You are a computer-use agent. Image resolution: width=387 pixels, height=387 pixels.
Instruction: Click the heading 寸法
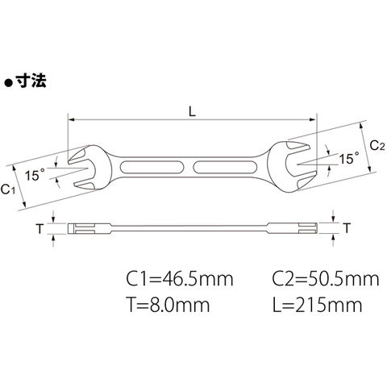click(x=31, y=81)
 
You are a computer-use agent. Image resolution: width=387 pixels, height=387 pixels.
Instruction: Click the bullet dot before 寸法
click(x=9, y=83)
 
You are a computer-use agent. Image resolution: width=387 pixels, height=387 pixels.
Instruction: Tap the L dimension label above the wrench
click(x=192, y=112)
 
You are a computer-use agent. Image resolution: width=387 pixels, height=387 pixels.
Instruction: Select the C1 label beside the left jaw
click(x=7, y=189)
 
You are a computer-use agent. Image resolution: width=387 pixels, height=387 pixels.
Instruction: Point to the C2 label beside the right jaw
click(x=377, y=146)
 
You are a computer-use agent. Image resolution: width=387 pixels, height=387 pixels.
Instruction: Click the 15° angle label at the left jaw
click(x=35, y=175)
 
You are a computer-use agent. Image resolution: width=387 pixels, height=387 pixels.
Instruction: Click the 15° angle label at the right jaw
click(x=349, y=158)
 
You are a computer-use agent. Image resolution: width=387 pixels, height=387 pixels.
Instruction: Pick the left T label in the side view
click(x=40, y=229)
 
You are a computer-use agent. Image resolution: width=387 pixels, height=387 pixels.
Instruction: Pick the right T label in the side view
click(x=347, y=228)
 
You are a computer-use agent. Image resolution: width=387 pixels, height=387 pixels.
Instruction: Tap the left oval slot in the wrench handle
click(x=152, y=167)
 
